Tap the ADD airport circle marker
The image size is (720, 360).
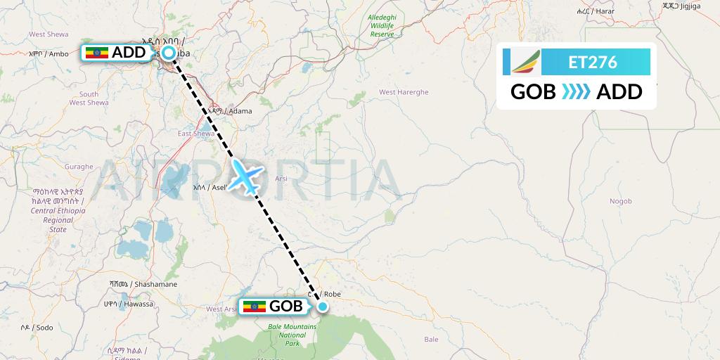coord(169,53)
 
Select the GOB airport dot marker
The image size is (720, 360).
coord(323,306)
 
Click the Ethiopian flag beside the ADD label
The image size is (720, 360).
coord(97,53)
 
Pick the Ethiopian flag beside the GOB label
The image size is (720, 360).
coord(255,307)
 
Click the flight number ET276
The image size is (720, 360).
coord(593,63)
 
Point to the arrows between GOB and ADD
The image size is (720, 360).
coord(576,92)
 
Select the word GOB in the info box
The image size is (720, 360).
coord(533,92)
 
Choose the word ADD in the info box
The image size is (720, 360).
coord(619,92)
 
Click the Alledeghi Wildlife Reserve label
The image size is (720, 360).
coord(382,25)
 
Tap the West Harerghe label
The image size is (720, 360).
coord(404,92)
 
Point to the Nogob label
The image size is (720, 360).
coord(621,201)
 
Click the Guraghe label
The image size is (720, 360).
coord(79,167)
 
